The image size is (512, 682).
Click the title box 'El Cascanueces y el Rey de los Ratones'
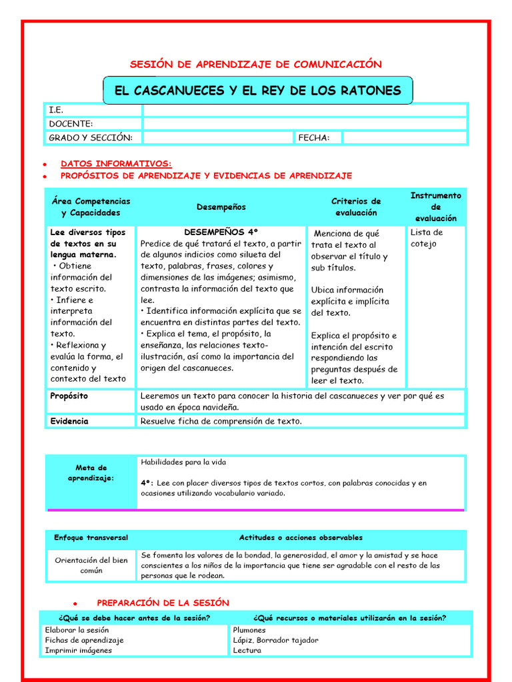[x=257, y=91]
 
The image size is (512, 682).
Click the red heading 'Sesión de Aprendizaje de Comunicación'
[x=255, y=65]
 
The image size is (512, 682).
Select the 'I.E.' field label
[x=57, y=110]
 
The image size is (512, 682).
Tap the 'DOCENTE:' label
[x=71, y=124]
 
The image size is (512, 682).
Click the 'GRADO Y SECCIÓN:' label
[x=91, y=138]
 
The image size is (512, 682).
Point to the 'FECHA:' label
[x=314, y=138]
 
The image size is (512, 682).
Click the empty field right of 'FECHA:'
[x=405, y=138]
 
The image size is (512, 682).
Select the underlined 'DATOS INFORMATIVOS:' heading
[x=116, y=163]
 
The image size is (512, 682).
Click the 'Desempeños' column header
[x=221, y=207]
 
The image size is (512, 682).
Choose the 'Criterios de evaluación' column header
[x=356, y=207]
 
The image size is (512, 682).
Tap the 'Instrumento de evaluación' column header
[x=435, y=207]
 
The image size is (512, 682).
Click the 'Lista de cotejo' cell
[x=427, y=238]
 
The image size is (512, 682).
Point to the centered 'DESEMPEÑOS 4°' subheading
[x=221, y=232]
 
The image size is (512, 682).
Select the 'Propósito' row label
[x=69, y=396]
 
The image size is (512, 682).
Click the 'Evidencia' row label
[x=69, y=422]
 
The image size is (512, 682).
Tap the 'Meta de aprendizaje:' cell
[x=91, y=473]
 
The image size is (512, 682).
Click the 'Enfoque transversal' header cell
[x=91, y=537]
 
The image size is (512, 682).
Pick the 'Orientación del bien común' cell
[x=91, y=565]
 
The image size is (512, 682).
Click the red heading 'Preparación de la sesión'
[x=163, y=603]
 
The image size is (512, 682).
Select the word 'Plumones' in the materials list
[x=249, y=630]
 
